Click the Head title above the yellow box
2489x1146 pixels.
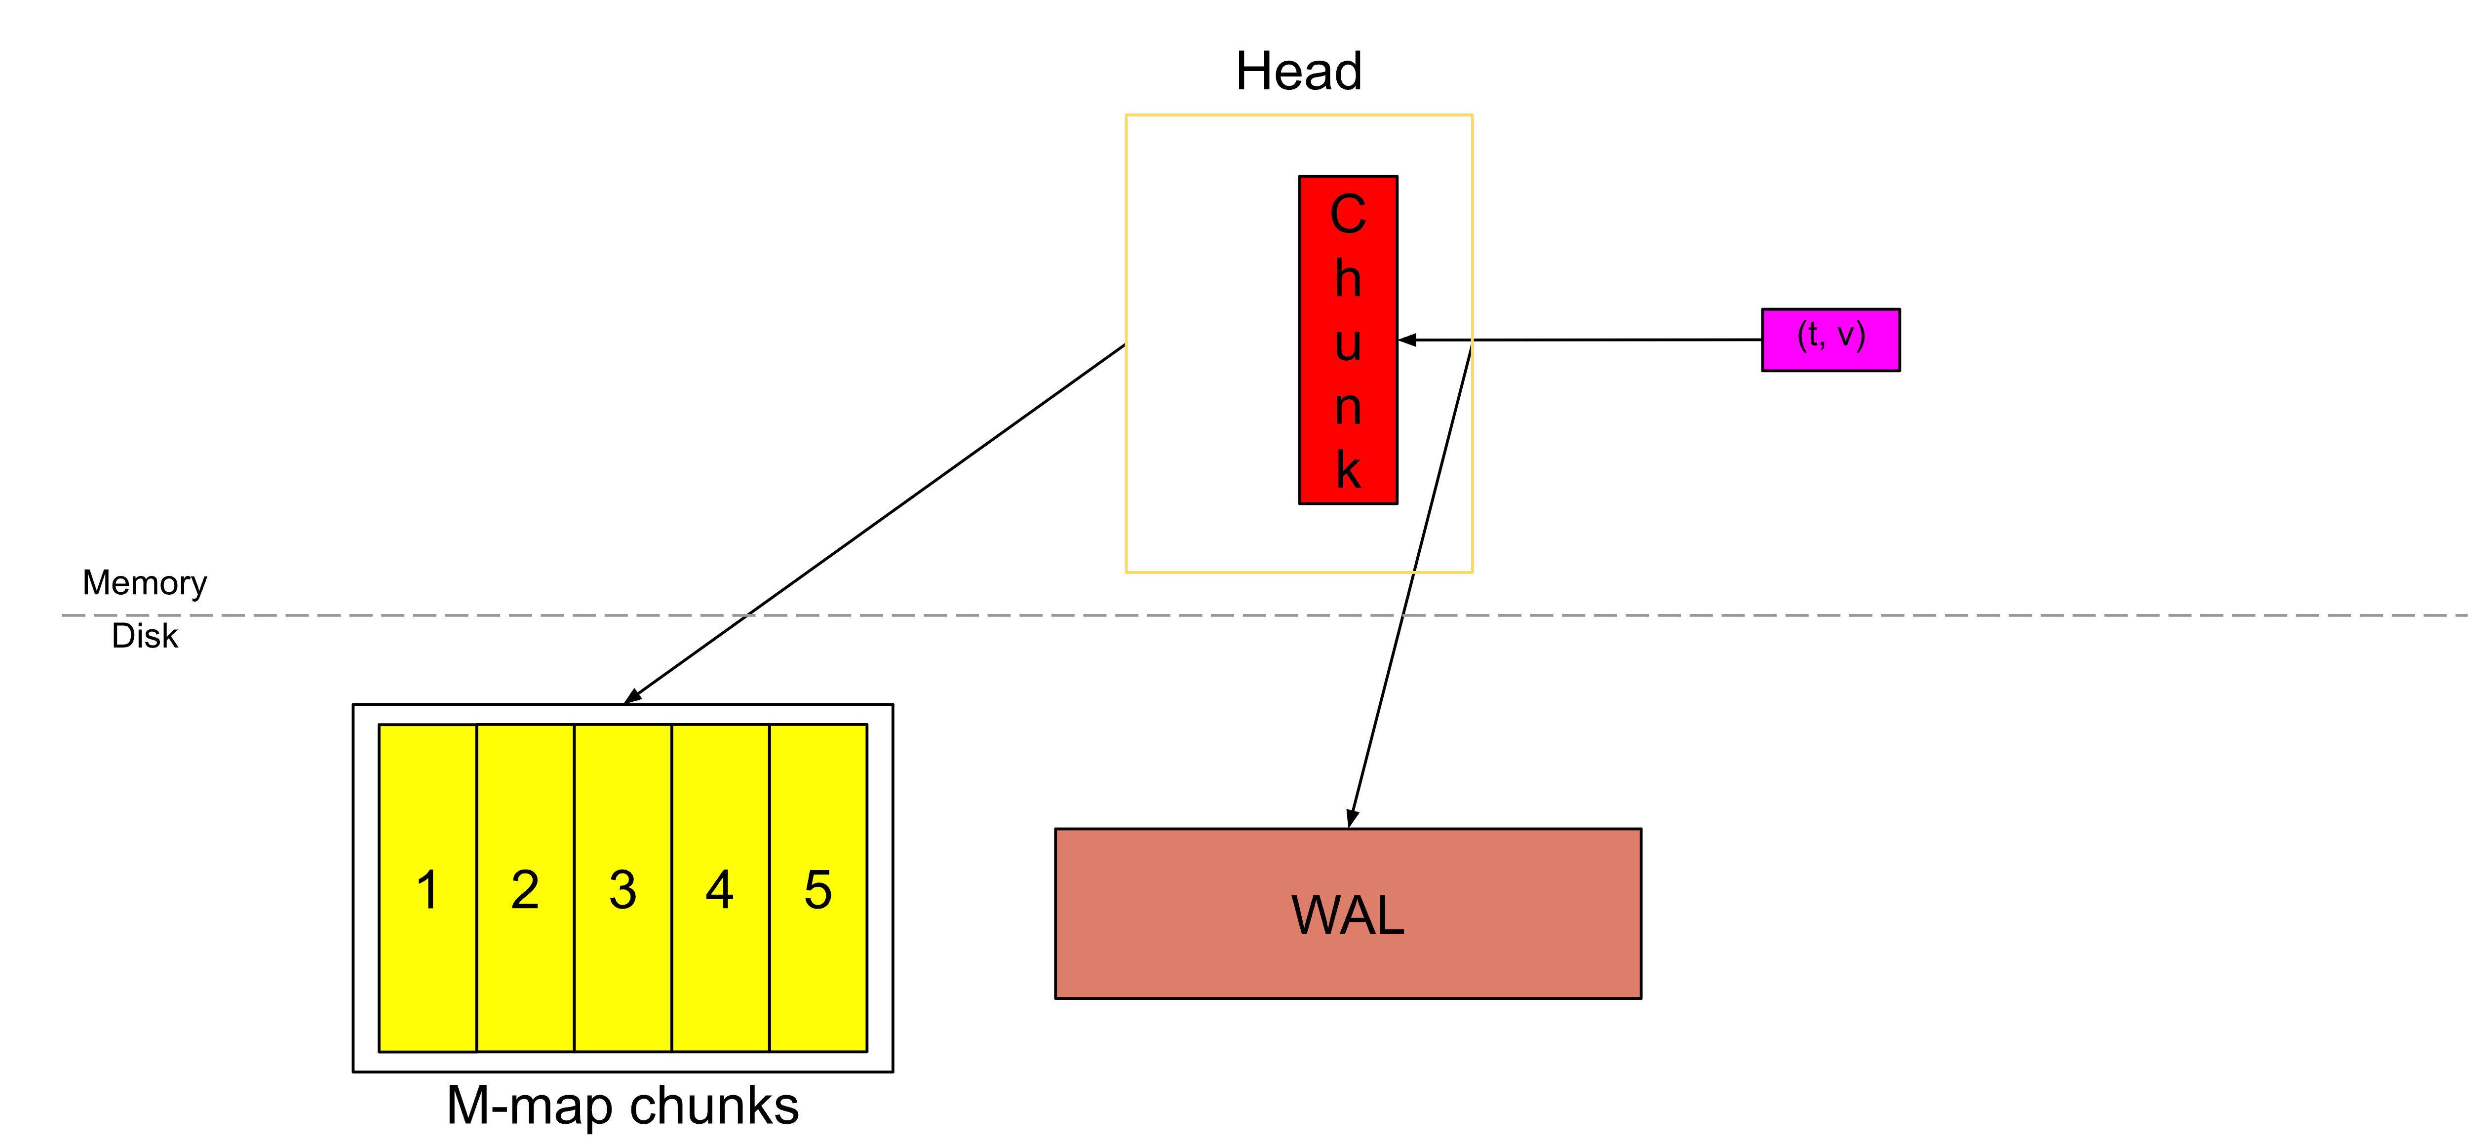coord(1299,72)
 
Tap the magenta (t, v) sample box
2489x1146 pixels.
coord(1830,339)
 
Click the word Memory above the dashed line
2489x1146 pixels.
coord(145,583)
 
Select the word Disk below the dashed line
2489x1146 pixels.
coord(145,636)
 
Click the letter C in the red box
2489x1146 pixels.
coord(1348,214)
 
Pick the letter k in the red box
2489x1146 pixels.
coord(1348,470)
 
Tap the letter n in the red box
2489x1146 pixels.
coord(1348,408)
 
